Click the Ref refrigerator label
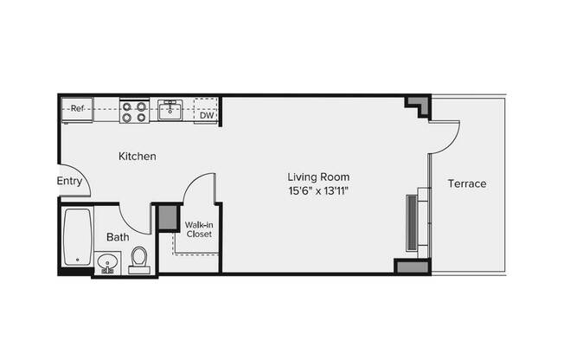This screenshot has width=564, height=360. [77, 109]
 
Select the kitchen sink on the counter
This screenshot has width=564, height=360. [170, 109]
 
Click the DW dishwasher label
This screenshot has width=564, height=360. [207, 114]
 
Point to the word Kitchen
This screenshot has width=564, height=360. [137, 157]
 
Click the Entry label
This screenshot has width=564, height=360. [69, 182]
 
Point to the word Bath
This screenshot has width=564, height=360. [118, 237]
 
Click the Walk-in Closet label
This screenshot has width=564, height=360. [199, 229]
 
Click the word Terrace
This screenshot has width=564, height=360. [467, 184]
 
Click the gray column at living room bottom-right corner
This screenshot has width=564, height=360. [413, 267]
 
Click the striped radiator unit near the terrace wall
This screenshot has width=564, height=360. [413, 222]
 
